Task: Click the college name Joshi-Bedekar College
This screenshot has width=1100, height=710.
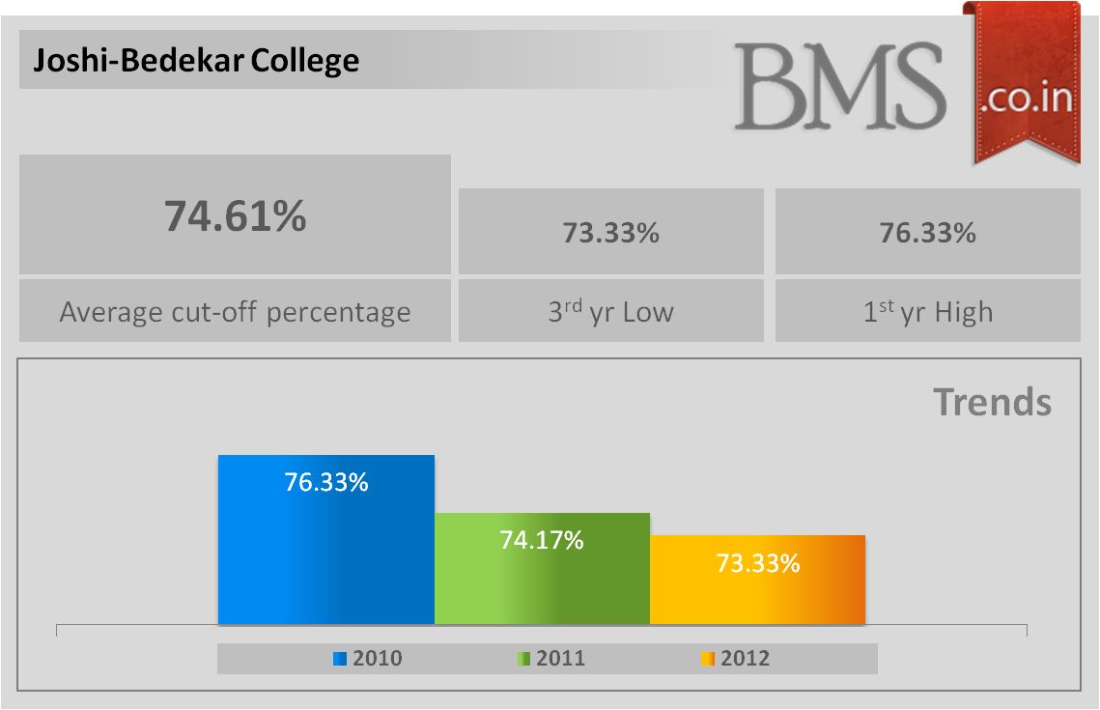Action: coord(196,61)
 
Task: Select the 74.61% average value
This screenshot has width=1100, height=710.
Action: coord(235,215)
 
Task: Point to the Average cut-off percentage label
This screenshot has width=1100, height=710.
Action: coord(235,312)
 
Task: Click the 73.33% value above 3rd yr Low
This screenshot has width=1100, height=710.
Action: coord(610,233)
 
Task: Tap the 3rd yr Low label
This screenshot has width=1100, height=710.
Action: coord(610,312)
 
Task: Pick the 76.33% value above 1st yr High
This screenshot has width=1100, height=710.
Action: coord(927,233)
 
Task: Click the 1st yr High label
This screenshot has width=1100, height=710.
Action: coord(927,312)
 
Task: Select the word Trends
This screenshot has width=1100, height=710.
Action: coord(992,402)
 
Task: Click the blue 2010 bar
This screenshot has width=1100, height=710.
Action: coord(325,560)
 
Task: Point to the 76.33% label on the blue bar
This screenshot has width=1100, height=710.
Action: coord(325,482)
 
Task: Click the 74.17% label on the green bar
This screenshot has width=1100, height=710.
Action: coord(542,540)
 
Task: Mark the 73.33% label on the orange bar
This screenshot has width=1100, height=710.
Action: coord(757,563)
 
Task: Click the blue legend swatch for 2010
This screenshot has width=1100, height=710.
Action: coord(340,659)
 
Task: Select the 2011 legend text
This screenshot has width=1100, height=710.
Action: coord(561,659)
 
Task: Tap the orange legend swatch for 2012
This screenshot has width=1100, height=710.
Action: coord(707,659)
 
